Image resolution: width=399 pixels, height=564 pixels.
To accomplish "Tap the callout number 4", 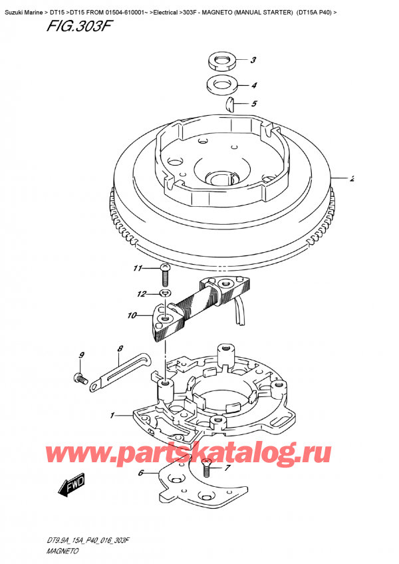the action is point(253,85).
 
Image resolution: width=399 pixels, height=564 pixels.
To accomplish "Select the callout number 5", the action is point(253,104).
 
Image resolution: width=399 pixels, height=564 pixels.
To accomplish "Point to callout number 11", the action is point(137,269).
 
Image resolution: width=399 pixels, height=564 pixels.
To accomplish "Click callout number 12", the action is point(140,294).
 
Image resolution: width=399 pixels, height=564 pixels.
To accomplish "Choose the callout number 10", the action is point(132,315).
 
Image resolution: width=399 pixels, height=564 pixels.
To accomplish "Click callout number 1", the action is point(113,416).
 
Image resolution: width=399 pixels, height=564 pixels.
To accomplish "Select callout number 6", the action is point(140,474).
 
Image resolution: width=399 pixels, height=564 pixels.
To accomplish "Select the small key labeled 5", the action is point(231,102).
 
